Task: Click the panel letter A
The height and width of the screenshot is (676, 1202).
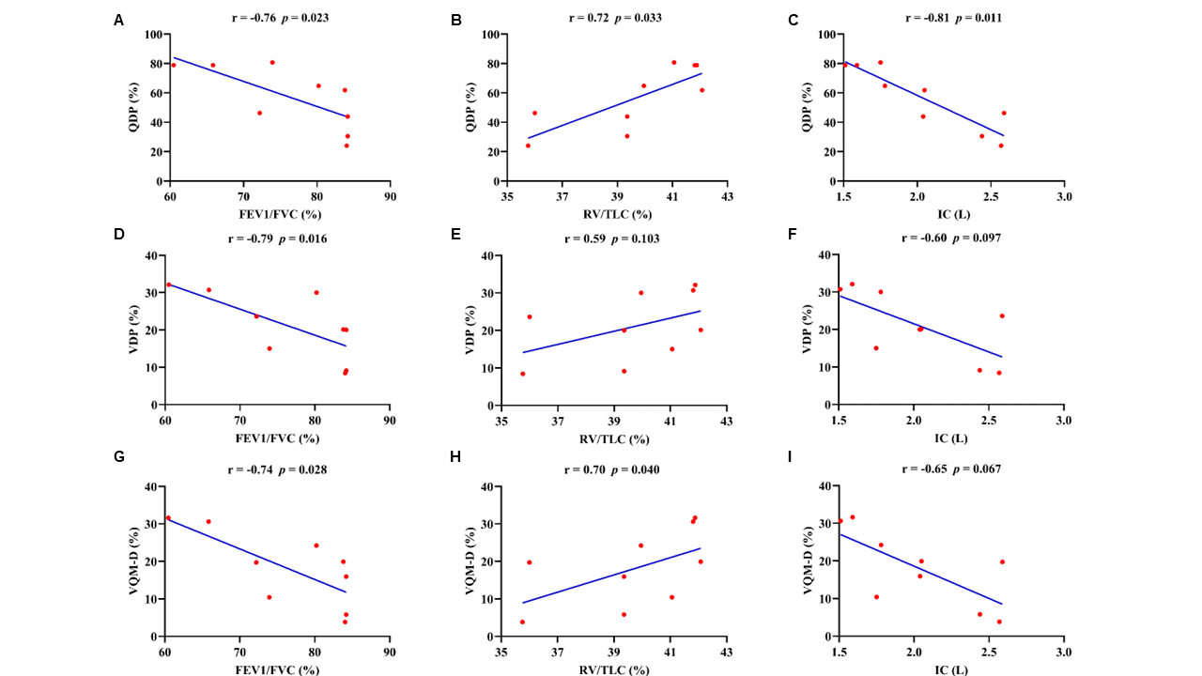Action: coord(118,20)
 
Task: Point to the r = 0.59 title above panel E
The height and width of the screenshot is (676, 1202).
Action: coord(611,238)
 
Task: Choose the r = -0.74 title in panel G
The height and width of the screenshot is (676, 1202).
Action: coord(277,469)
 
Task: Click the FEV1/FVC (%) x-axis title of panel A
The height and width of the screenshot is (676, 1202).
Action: coord(280,214)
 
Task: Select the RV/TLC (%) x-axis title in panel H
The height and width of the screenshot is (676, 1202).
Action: coord(613,669)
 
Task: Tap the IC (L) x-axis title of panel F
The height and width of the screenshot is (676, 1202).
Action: coord(950,438)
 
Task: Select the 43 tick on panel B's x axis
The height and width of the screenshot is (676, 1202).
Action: coord(727,196)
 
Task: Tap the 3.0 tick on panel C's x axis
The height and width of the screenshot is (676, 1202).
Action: coord(1063,196)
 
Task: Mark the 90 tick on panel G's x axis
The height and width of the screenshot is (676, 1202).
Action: coord(389,652)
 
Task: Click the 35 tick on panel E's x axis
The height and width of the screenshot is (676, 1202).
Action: coord(502,420)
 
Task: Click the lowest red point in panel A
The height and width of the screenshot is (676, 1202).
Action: coord(347,146)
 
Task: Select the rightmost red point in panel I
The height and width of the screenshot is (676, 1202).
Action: coord(1002,561)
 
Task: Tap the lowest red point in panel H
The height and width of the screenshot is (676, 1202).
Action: coord(522,622)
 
